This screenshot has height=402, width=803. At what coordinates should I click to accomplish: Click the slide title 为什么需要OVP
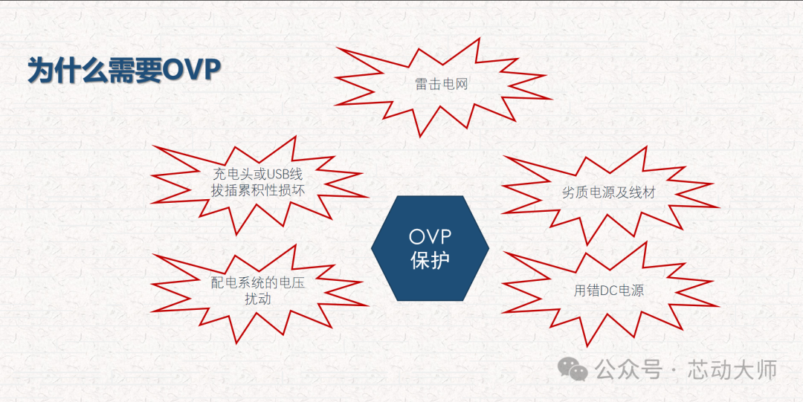coord(124,71)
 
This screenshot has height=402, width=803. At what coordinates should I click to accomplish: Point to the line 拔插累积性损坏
coord(257,191)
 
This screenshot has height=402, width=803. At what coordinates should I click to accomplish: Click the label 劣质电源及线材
coord(608,193)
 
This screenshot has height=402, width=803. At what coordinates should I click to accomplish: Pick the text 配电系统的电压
coord(257,282)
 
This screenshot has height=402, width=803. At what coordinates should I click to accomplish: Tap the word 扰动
coord(258,299)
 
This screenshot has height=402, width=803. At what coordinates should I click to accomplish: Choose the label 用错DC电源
coord(608,291)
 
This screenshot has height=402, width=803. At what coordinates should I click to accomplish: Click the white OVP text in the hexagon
coord(430,237)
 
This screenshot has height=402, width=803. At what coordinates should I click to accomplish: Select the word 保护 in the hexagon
coord(430,260)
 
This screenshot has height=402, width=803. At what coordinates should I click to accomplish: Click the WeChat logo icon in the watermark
coord(573,369)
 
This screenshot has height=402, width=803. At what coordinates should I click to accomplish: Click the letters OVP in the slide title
coord(192,71)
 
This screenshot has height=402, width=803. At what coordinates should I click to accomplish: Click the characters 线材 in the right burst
coord(642,193)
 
